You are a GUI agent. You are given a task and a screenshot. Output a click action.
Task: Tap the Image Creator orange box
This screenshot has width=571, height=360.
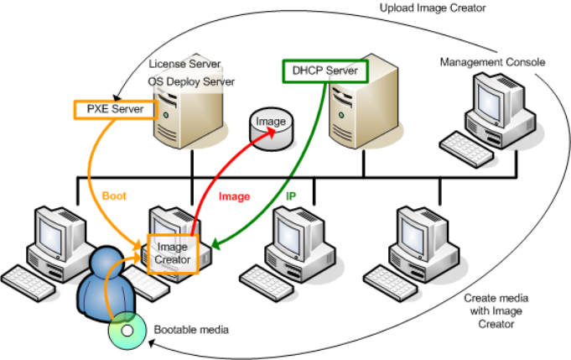(x=172, y=253)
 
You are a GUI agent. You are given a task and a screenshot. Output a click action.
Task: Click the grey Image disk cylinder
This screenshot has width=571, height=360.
(x=270, y=127)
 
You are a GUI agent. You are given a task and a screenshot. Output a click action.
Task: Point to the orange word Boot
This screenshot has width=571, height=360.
(x=114, y=195)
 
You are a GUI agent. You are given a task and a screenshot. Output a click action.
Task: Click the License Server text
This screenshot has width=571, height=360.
(x=184, y=64)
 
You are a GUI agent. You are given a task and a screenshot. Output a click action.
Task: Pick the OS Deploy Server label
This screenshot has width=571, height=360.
(x=191, y=81)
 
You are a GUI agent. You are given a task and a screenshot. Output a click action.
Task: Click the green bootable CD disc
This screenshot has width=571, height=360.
(x=127, y=331)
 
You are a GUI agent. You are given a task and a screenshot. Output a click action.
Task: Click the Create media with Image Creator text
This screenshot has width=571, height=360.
(x=496, y=311)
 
